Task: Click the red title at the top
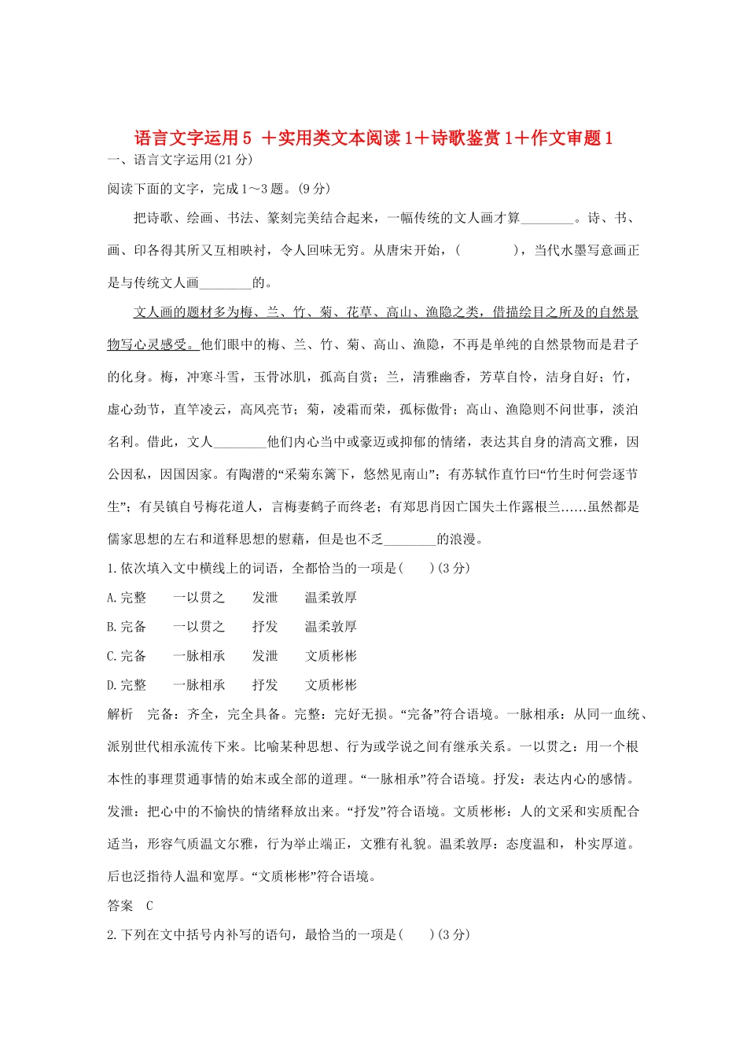[373, 138]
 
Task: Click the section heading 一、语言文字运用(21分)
[180, 160]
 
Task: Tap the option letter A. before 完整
[112, 598]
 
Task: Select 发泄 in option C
[265, 656]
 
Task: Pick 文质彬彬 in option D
[331, 685]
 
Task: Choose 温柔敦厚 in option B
[331, 627]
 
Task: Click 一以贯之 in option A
[199, 598]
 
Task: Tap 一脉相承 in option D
[199, 685]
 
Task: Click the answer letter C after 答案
[150, 906]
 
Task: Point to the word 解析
[120, 714]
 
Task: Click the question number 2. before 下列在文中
[112, 935]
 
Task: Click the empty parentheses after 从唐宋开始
[487, 251]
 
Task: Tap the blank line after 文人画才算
[547, 219]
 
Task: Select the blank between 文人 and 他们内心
[240, 442]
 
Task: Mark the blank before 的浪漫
[410, 540]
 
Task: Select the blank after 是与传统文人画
[226, 283]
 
